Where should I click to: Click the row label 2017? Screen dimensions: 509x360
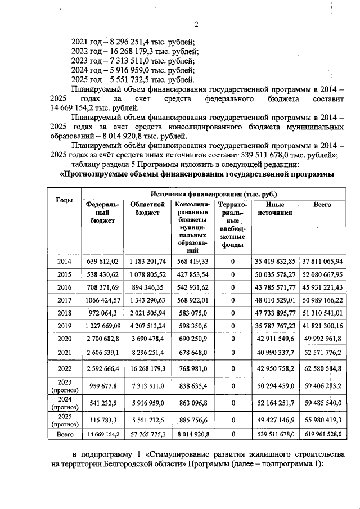click(64, 300)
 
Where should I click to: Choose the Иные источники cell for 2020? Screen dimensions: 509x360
click(274, 339)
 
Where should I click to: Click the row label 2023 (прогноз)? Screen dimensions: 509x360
click(64, 386)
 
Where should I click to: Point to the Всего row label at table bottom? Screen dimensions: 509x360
click(64, 435)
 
